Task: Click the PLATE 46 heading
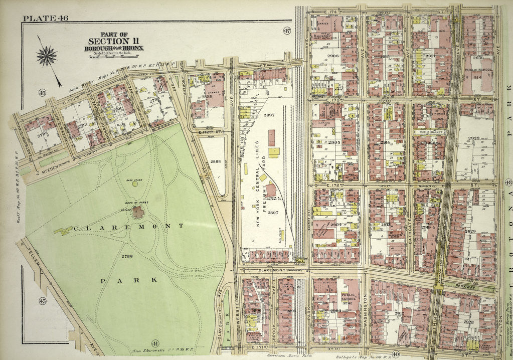click(45, 19)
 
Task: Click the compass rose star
click(47, 56)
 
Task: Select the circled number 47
click(287, 30)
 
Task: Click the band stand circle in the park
click(135, 184)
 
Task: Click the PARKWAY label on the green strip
click(469, 285)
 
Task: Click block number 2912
click(400, 314)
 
